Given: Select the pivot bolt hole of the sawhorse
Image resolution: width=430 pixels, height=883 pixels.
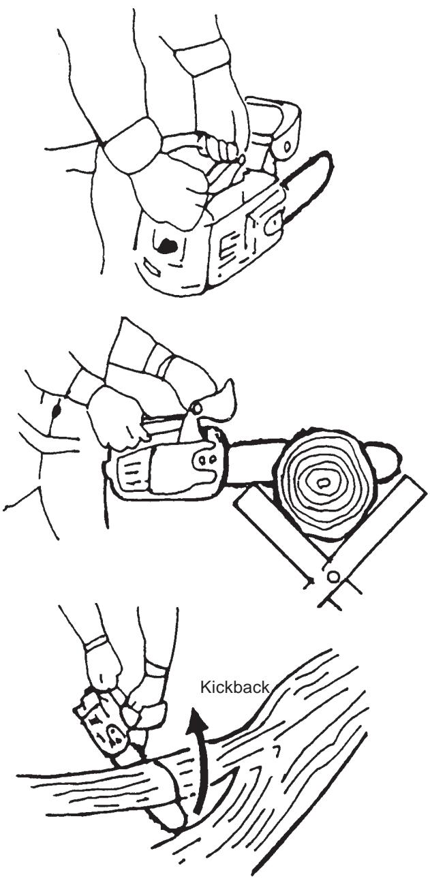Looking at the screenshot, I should click(x=333, y=576).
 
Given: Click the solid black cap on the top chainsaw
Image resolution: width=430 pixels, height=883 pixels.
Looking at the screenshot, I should click(x=167, y=245).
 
